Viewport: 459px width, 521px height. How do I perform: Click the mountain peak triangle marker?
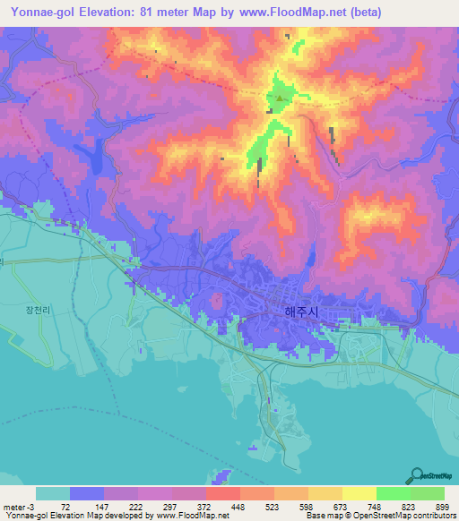coord(280,98)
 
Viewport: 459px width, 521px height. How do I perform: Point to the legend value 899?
coord(444,507)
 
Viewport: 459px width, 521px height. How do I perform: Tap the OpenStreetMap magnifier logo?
coord(419,475)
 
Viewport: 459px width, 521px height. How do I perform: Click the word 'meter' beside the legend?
coord(13,507)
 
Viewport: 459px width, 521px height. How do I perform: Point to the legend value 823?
coord(410,507)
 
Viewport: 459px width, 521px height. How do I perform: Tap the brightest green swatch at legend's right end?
coord(428,494)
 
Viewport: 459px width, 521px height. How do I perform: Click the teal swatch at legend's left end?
coord(53,494)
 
